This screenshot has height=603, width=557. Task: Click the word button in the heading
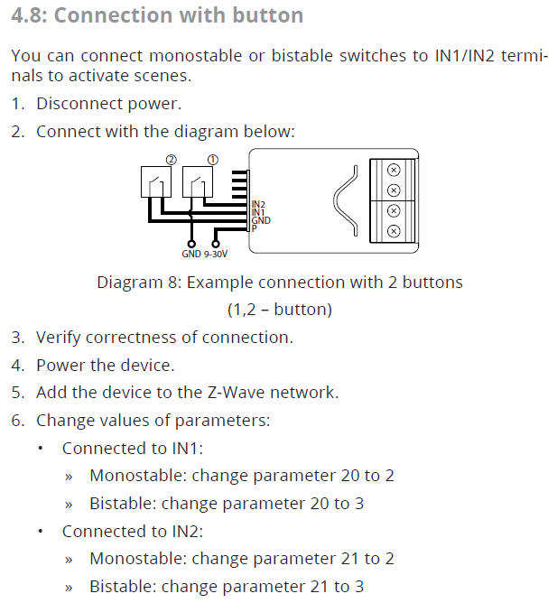click(267, 16)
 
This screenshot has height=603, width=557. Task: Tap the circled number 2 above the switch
click(169, 159)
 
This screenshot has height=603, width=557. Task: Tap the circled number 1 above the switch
click(212, 159)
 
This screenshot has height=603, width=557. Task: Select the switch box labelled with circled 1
click(198, 182)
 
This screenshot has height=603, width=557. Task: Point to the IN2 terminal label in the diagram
click(257, 206)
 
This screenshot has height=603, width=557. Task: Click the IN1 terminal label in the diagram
click(257, 213)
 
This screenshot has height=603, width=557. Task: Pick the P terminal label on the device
click(254, 227)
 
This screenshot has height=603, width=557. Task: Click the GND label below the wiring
click(191, 255)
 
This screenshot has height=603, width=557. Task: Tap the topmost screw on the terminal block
click(393, 170)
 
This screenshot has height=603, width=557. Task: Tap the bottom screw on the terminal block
click(393, 230)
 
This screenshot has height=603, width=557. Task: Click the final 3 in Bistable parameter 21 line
click(359, 587)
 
